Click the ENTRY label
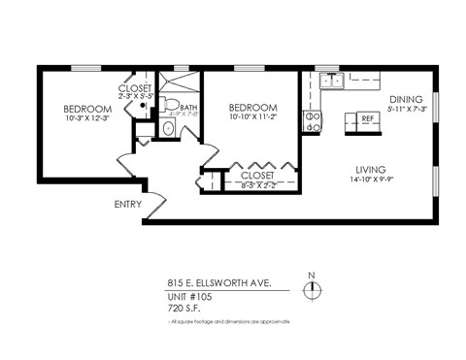(127, 205)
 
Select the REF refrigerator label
(367, 118)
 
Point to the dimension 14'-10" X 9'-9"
(374, 179)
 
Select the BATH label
(188, 108)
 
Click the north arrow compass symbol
(312, 288)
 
